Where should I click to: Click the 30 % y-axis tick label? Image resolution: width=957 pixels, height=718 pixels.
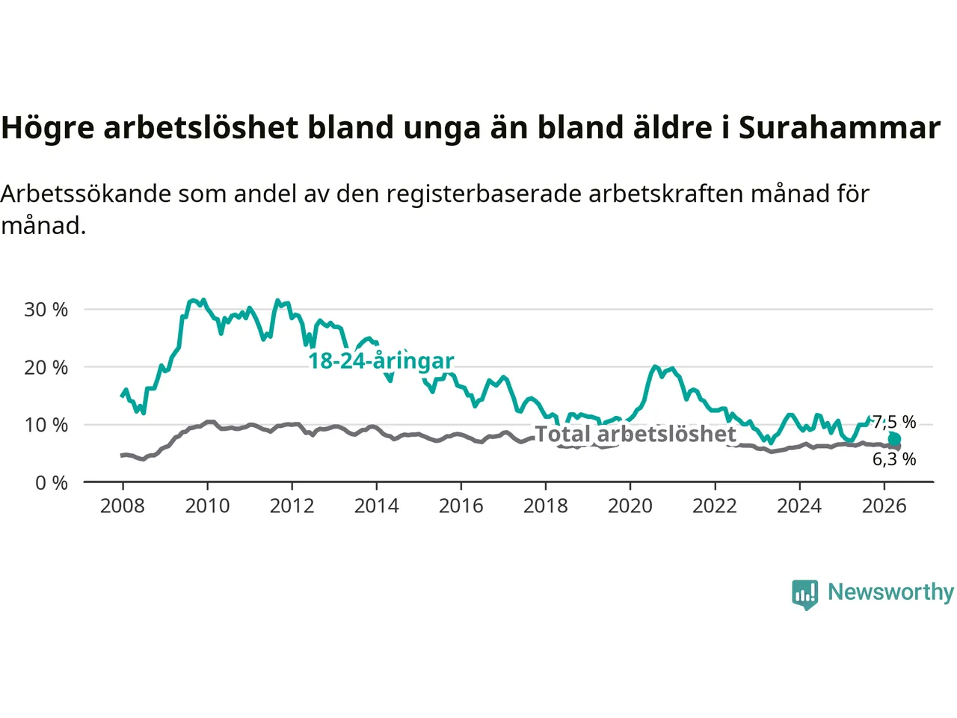coord(46,310)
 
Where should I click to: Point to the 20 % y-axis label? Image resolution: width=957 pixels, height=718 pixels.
coord(46,367)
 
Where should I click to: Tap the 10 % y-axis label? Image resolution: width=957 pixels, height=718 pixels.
coord(46,425)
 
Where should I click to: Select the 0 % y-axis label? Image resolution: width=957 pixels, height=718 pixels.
coord(52,483)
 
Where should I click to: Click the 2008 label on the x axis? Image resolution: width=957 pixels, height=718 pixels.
coord(123,506)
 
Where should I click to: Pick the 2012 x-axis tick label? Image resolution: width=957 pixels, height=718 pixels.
coord(292,506)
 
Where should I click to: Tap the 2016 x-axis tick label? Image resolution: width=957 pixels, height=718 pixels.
coord(461,506)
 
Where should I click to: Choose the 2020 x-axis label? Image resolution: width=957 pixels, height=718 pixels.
coord(630,506)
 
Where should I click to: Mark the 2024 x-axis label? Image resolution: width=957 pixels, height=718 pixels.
coord(799,506)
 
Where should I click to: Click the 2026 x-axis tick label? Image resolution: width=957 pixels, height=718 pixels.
coord(884,506)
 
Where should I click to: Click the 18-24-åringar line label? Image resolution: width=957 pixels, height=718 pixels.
coord(381,361)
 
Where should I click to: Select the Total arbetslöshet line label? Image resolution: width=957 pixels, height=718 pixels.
coord(636,434)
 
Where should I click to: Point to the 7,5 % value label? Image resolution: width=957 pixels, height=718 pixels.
coord(894,422)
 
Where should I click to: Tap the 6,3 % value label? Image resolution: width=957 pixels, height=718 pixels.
coord(894,459)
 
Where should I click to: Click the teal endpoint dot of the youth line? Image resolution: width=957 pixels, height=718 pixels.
coord(894,438)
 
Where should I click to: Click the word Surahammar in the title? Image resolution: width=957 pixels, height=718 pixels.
coord(840,127)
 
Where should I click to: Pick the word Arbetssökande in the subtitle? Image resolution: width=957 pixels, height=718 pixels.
coord(86,194)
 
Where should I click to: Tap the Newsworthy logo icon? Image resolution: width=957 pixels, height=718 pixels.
coord(804,595)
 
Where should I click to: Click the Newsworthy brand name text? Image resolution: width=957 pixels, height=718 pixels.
coord(890,592)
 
